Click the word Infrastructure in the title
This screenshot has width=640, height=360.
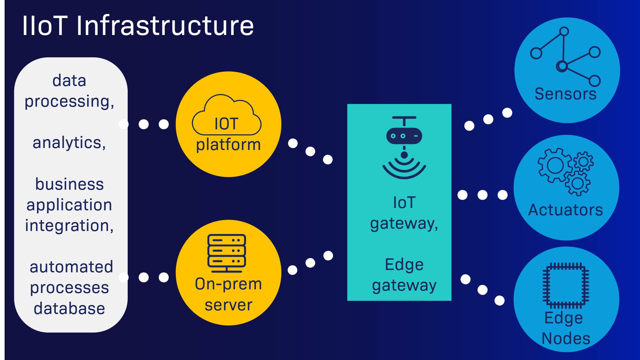coord(165,26)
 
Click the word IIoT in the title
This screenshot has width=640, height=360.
coord(45,26)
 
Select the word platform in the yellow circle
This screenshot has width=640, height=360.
coord(228,145)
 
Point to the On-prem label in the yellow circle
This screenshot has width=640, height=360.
coord(228,284)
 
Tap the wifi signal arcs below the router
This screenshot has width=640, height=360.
coord(404,168)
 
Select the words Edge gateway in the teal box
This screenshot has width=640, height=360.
coord(404,275)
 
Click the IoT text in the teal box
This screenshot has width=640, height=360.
coord(404,203)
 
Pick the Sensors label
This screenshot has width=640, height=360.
coord(565,94)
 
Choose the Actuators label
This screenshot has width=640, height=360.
coord(566,210)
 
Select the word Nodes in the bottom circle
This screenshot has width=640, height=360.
coord(566,338)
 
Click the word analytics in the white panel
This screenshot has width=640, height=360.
coord(69,143)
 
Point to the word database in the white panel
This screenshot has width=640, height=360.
coord(69,308)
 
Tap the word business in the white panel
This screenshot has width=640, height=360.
coord(69,184)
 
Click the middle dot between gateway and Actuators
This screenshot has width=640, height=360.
coord(482,195)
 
